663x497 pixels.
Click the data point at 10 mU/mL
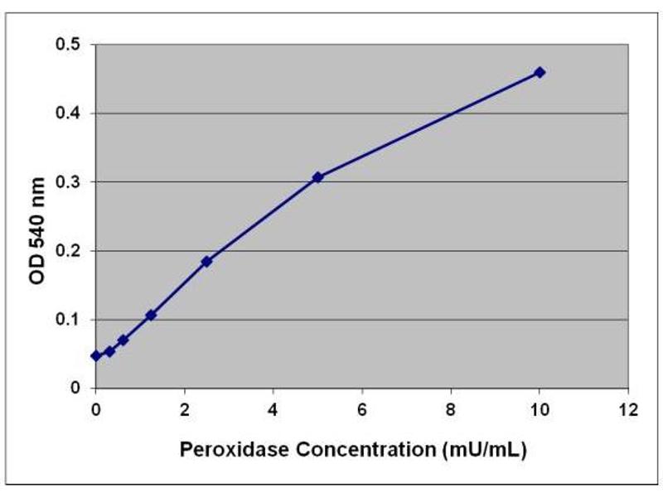540,72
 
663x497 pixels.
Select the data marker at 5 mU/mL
317,177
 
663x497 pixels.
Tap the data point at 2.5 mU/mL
206,261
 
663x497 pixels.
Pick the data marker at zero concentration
96,355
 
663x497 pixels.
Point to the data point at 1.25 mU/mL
151,315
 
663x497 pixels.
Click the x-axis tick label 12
628,409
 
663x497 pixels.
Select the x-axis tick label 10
540,409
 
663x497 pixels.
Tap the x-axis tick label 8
451,409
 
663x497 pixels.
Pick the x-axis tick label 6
362,409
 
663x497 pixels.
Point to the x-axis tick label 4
273,409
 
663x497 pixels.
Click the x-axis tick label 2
185,409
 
